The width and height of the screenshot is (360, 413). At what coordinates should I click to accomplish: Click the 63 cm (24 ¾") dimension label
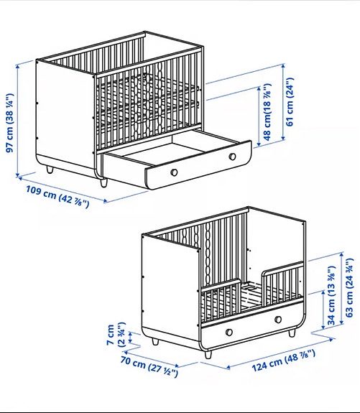click(x=351, y=286)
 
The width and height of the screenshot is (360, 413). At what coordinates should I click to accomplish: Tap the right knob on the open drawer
click(x=232, y=157)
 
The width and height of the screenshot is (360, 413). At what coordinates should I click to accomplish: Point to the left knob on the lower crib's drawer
click(x=229, y=330)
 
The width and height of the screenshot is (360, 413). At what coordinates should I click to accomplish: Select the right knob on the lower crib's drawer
click(x=277, y=321)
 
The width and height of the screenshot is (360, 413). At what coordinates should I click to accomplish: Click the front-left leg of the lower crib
click(x=208, y=353)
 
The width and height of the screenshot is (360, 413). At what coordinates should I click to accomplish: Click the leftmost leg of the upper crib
click(x=49, y=170)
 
